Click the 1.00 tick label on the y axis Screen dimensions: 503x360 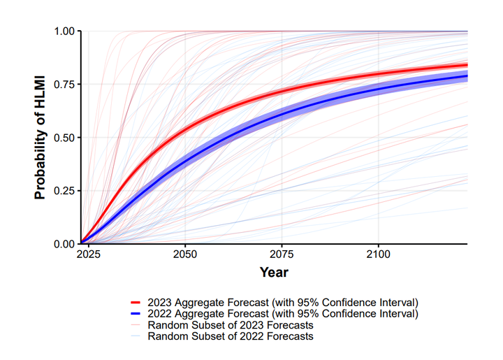(64, 31)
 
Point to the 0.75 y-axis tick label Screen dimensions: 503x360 (64, 85)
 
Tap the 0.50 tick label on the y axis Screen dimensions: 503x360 (64, 138)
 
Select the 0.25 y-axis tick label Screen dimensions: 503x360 (64, 191)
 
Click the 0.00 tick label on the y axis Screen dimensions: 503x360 (64, 244)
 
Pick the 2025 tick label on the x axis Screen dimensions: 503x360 (89, 254)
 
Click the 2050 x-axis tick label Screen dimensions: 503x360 (185, 254)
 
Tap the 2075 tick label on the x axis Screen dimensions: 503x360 (282, 254)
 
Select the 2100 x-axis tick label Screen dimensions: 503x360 (379, 254)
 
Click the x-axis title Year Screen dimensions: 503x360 (274, 272)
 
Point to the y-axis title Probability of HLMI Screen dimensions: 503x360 (40, 137)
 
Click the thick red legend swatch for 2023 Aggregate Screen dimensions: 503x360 (136, 303)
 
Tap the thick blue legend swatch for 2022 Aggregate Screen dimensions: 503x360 (136, 313)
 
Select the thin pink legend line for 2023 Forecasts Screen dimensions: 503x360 (136, 325)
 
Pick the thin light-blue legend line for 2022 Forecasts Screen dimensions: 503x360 (136, 336)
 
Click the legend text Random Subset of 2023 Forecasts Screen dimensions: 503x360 (231, 325)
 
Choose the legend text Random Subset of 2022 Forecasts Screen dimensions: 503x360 (231, 336)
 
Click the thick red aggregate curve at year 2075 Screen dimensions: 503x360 (282, 91)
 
